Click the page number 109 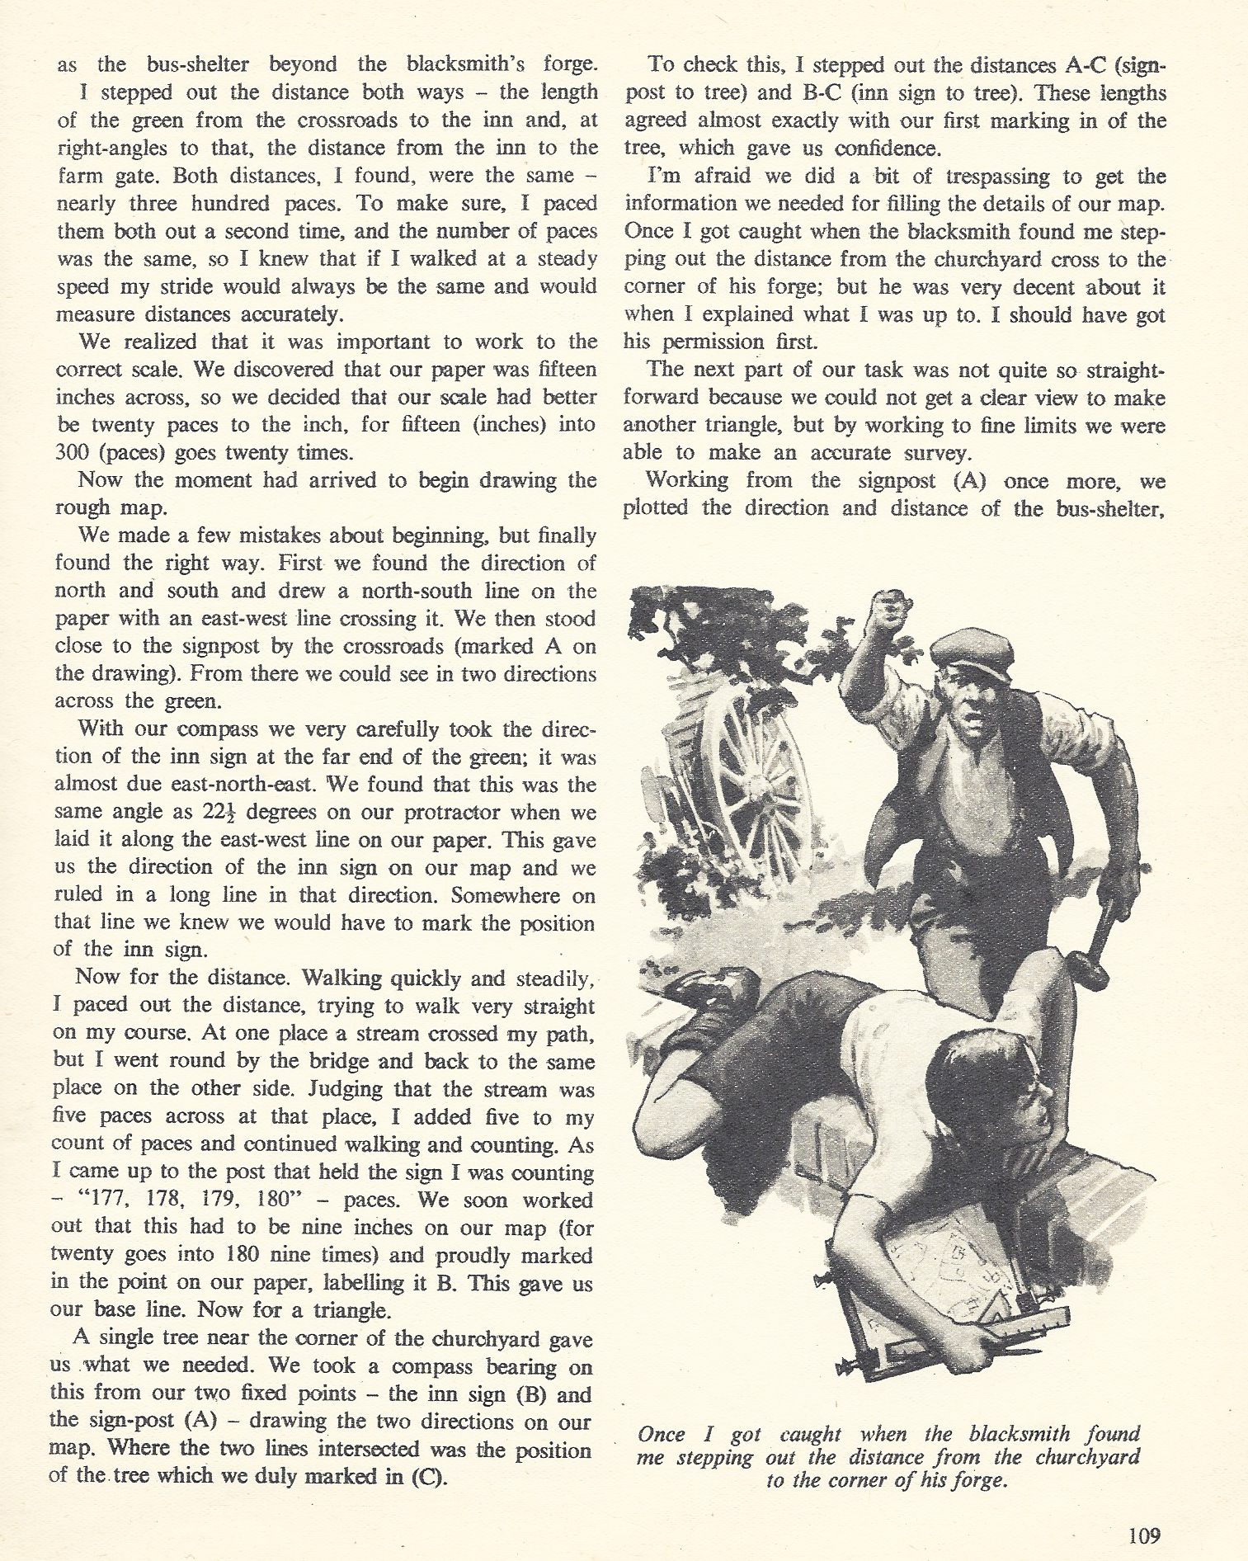[x=1143, y=1535]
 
